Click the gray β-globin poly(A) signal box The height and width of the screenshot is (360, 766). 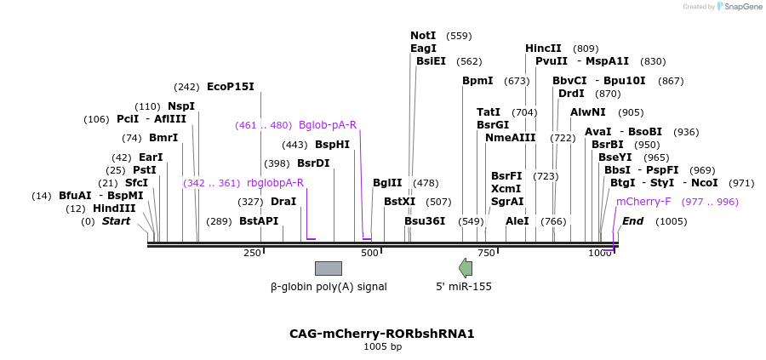[x=329, y=268]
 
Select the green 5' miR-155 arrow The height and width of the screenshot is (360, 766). [x=466, y=268]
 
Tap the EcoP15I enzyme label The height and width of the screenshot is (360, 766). [x=230, y=86]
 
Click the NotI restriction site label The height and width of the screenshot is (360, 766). [x=423, y=36]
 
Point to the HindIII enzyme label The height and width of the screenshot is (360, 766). [x=114, y=209]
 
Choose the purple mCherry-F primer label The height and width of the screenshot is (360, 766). [x=643, y=202]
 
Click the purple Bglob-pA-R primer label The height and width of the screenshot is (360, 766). [x=328, y=125]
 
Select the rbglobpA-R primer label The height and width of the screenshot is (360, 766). [x=275, y=182]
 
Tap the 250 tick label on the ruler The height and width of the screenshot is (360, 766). [x=252, y=254]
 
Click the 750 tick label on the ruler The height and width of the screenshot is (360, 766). [x=486, y=254]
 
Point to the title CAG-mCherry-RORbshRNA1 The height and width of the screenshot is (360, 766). [x=382, y=334]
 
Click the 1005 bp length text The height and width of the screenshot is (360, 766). [x=382, y=346]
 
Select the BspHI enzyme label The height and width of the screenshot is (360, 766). [x=332, y=144]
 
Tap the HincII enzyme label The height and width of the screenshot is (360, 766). [x=543, y=49]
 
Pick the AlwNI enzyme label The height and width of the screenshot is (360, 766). [x=588, y=112]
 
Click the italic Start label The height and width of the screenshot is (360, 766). [x=117, y=221]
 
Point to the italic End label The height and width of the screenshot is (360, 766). [x=632, y=221]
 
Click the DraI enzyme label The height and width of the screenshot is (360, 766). [x=283, y=202]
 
